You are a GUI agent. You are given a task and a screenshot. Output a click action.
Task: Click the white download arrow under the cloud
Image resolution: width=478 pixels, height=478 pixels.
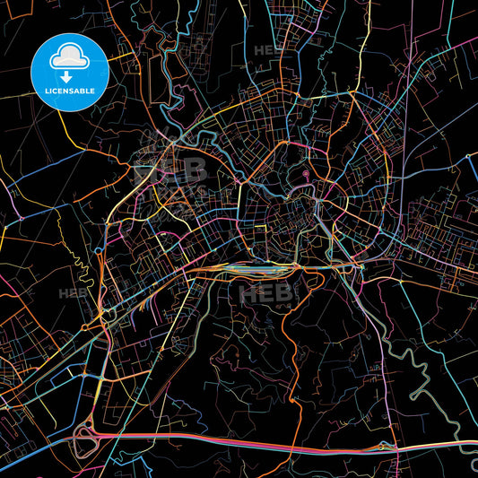coord(67,76)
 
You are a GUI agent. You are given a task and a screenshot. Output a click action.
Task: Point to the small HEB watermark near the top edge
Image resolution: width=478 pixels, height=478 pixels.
coord(267,51)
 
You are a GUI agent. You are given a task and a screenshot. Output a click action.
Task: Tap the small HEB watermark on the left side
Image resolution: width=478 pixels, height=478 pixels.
coord(70,292)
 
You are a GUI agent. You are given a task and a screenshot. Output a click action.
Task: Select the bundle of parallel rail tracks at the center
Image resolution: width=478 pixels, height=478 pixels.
coord(256,266)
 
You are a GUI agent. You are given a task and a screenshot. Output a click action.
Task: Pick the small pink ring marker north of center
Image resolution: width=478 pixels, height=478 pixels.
coord(306,172)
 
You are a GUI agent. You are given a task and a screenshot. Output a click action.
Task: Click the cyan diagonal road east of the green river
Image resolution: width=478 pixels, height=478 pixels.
coord(439,377)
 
